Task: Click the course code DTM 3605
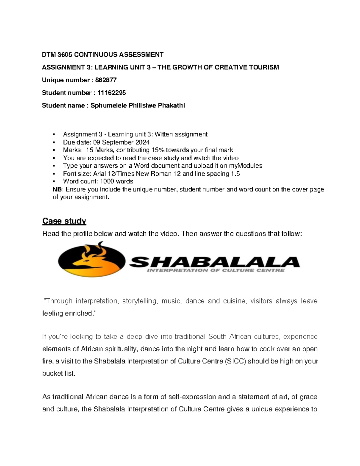click(57, 55)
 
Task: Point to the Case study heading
click(64, 221)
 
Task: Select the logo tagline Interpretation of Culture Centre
click(215, 270)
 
